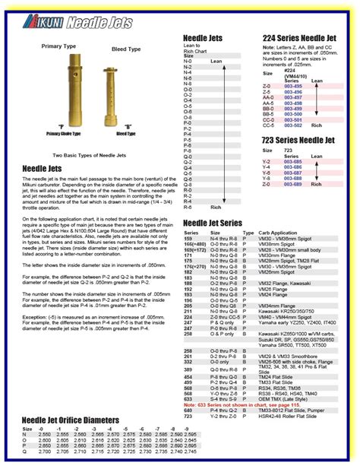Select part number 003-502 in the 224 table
[x=293, y=124]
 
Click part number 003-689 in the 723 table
[x=293, y=184]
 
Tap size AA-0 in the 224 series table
[x=267, y=97]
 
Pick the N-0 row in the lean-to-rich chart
[x=188, y=61]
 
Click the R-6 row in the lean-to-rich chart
[x=188, y=207]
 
